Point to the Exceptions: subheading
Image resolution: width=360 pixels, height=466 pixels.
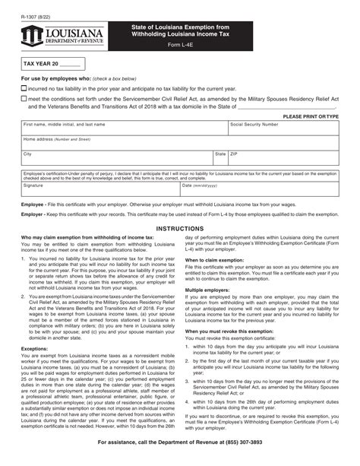(37, 350)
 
